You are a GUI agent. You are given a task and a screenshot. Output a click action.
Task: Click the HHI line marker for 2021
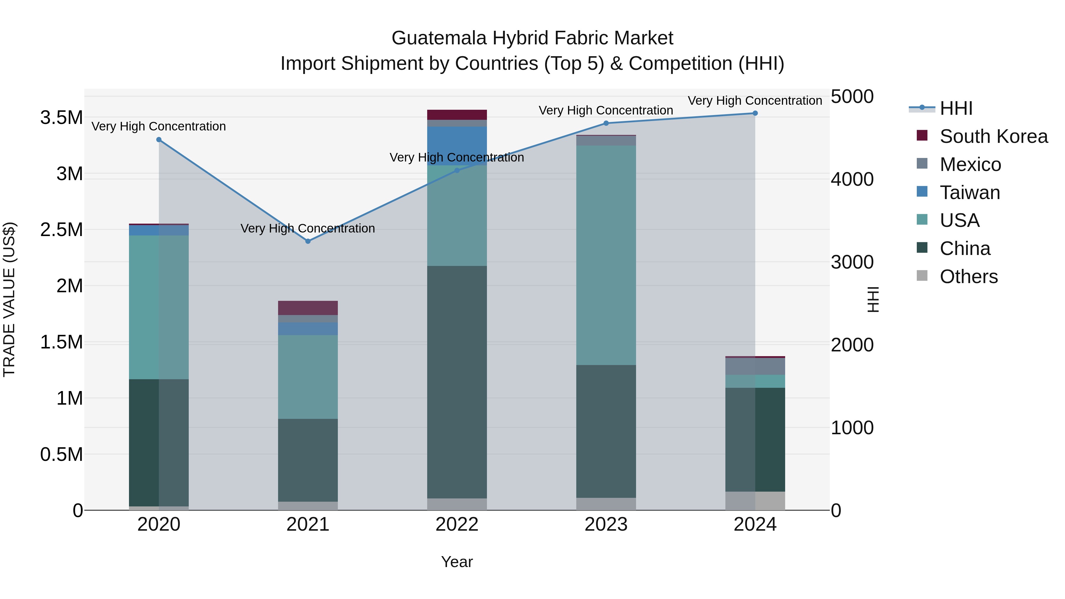(308, 241)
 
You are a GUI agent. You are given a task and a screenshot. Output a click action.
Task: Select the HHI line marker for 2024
(755, 113)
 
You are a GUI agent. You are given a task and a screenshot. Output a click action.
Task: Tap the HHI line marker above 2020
(159, 140)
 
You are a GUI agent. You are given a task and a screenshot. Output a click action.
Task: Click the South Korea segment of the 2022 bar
(457, 114)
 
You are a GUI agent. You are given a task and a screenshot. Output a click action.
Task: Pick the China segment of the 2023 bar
(606, 431)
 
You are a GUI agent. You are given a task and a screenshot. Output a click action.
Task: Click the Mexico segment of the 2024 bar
(755, 366)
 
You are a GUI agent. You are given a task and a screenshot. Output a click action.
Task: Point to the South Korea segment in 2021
(308, 308)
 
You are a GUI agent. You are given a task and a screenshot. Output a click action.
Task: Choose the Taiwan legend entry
(969, 193)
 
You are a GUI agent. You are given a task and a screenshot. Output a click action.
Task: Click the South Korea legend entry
(993, 136)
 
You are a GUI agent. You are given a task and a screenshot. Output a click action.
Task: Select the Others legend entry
(968, 277)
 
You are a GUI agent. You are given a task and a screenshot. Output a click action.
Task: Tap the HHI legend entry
(956, 108)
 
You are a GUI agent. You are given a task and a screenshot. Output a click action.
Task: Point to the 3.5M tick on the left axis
(61, 118)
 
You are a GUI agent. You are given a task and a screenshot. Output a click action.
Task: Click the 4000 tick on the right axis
(852, 180)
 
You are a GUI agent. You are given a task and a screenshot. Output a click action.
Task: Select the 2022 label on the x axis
(457, 524)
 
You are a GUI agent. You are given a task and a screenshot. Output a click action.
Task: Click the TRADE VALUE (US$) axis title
(9, 299)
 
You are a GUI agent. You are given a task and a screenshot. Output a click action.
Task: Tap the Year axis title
(457, 562)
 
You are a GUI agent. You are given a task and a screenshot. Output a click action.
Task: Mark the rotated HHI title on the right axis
(873, 299)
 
